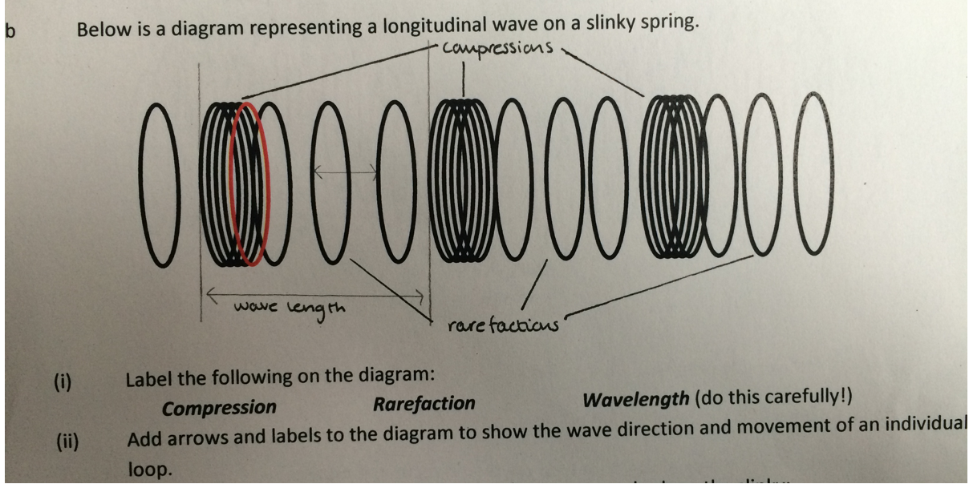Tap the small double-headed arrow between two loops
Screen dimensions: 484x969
(x=346, y=170)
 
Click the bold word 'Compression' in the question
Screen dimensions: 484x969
(x=218, y=408)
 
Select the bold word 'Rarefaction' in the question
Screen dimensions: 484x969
(x=424, y=404)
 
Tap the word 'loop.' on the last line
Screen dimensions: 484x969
(x=150, y=470)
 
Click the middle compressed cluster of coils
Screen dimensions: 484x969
(x=460, y=180)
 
